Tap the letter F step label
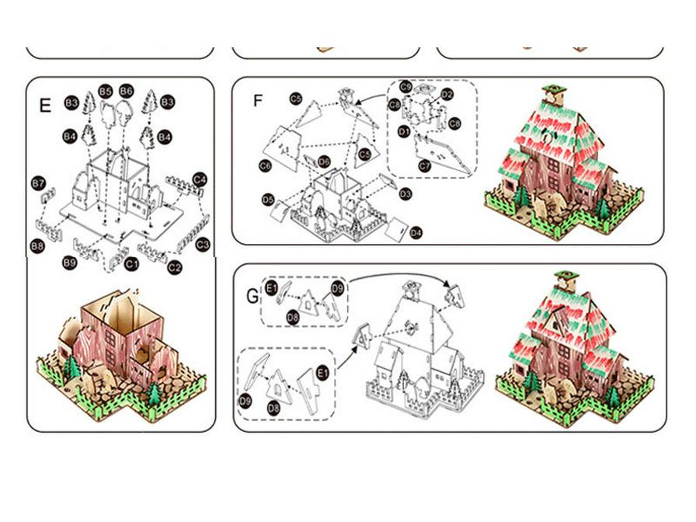(259, 102)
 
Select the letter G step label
(252, 296)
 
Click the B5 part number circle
(106, 91)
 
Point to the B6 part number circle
(127, 91)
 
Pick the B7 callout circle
(38, 183)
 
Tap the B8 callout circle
(37, 245)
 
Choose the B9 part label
(71, 263)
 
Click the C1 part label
(131, 265)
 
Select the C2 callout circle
(175, 267)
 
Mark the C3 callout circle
(203, 245)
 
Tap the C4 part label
(200, 179)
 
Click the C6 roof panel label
(266, 165)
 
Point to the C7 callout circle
(424, 165)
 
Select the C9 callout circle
(406, 88)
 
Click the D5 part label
(268, 200)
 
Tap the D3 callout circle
(405, 193)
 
